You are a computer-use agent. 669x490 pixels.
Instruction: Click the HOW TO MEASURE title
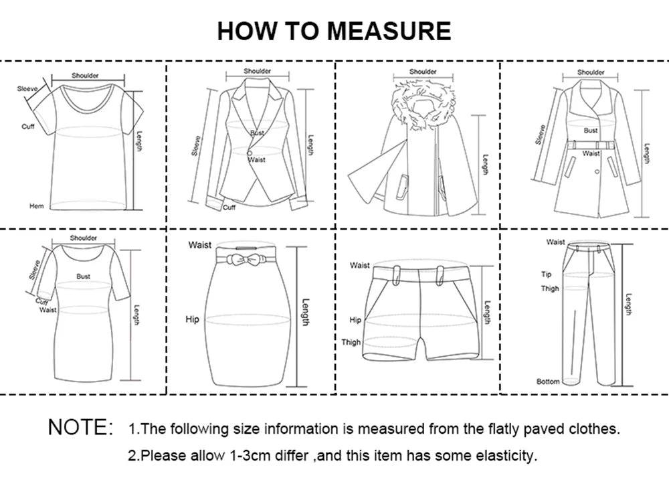point(334,31)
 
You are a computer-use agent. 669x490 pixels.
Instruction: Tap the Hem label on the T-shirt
point(36,206)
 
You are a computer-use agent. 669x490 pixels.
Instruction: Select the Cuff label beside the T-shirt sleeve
point(27,127)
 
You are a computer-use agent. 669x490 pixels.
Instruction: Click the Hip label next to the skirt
point(192,319)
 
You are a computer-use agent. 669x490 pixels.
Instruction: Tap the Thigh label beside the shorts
point(351,342)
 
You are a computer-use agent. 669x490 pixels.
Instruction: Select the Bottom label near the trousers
point(548,382)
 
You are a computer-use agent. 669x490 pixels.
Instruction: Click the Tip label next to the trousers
point(546,274)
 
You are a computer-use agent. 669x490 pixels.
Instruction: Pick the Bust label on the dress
point(83,276)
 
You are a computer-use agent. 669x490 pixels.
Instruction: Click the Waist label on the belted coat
point(591,153)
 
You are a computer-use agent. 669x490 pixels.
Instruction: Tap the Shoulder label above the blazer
point(257,71)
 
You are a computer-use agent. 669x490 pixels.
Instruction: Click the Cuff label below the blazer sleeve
point(229,208)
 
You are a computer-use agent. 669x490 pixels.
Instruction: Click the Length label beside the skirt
point(305,312)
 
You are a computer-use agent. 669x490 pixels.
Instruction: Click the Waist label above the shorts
point(359,266)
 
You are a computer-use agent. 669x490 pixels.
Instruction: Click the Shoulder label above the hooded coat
point(423,72)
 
